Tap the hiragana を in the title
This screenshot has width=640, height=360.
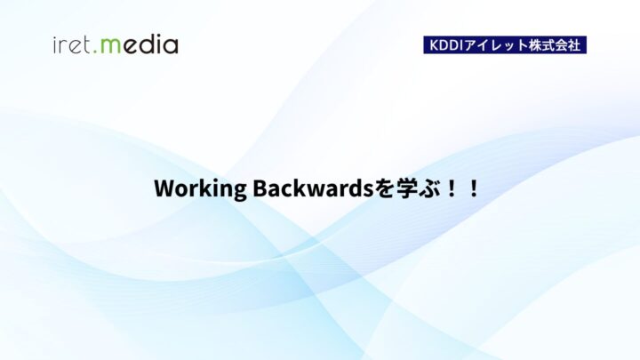point(358,189)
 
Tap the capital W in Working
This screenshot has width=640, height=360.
point(163,189)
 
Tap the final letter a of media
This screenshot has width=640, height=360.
point(171,46)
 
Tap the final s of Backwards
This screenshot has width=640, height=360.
point(344,190)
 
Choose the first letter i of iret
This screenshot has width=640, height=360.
point(55,44)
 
